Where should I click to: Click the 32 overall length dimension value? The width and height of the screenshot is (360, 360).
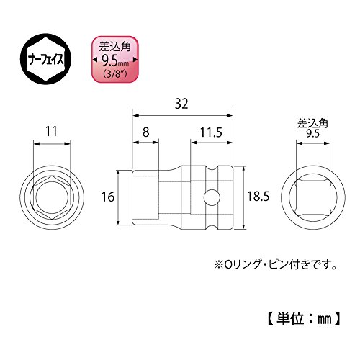[x=181, y=104]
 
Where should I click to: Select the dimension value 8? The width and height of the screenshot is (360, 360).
[x=145, y=132]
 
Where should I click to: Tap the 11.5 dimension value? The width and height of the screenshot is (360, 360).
[x=211, y=132]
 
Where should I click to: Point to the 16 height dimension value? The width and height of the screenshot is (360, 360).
[x=108, y=197]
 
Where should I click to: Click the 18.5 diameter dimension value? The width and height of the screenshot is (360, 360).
[x=258, y=197]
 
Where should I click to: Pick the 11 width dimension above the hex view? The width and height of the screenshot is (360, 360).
[x=51, y=131]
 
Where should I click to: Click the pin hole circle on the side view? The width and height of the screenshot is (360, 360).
[x=212, y=197]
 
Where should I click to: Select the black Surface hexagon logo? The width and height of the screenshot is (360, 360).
[x=45, y=59]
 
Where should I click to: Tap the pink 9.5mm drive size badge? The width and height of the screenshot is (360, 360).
[x=115, y=59]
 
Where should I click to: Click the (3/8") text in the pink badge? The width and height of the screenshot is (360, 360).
[x=115, y=74]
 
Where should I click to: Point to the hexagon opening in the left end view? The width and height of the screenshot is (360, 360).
[x=52, y=197]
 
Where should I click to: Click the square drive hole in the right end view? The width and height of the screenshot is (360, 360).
[x=313, y=197]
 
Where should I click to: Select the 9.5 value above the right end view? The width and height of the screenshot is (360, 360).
[x=313, y=133]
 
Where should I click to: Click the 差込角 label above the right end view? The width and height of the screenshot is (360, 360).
[x=312, y=124]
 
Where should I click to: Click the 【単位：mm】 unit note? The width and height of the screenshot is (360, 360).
[x=304, y=319]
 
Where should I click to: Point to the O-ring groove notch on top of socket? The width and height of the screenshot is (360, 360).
[x=212, y=168]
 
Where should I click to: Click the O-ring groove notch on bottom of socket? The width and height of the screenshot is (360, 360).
[x=212, y=226]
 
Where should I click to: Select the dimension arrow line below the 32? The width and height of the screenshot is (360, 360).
[x=183, y=116]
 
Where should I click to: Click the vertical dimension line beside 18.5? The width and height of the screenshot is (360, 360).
[x=243, y=197]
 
